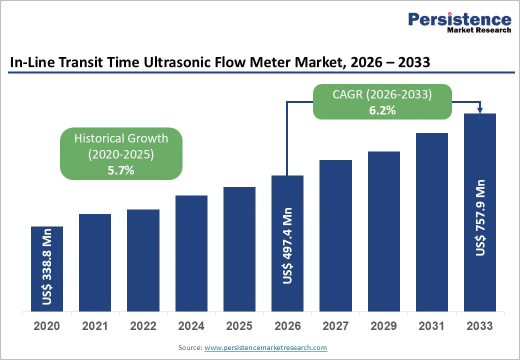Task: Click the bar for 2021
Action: point(95,262)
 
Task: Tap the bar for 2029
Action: point(383,231)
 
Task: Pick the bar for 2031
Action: point(431,222)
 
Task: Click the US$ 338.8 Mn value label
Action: point(47,267)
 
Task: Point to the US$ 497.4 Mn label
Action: point(287,246)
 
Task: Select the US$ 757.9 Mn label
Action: point(480,217)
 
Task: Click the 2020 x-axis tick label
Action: point(47,326)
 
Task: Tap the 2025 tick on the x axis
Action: point(239,326)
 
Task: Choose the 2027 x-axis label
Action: point(335,326)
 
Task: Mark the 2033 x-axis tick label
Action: point(479,326)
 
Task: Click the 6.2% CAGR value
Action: point(382,111)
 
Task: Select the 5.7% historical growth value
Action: point(121,170)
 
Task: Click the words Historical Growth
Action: point(121,138)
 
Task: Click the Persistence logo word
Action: point(459,19)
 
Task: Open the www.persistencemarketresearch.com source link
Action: point(266,347)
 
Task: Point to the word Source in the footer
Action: point(190,347)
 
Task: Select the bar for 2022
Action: point(143,260)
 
